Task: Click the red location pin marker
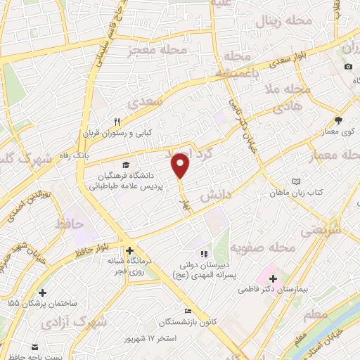(x=181, y=165)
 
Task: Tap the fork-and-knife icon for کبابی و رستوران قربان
(x=117, y=121)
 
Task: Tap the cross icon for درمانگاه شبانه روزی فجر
(x=129, y=250)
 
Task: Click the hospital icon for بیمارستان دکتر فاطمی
(x=273, y=278)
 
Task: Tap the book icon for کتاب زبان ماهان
(x=295, y=181)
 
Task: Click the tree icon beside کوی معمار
(x=338, y=120)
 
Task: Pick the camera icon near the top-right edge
(x=348, y=67)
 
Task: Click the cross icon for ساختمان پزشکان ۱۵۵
(x=43, y=292)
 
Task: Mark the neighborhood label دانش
(x=217, y=195)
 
